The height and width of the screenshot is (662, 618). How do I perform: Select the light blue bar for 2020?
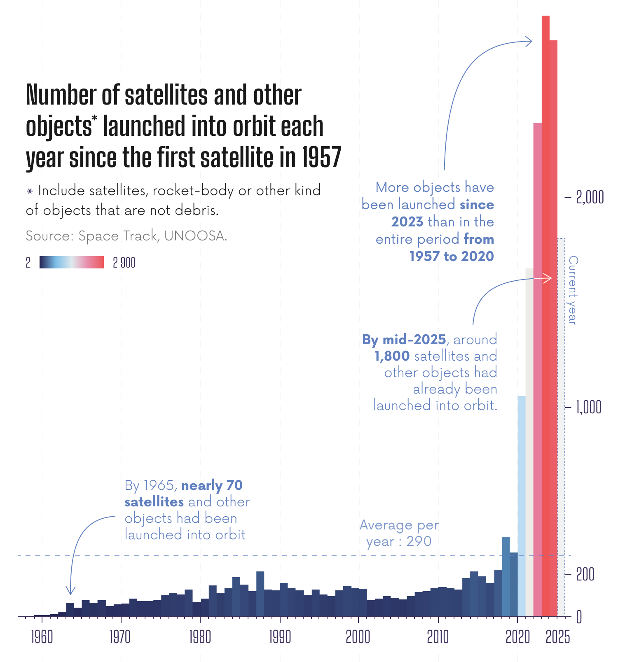(x=522, y=506)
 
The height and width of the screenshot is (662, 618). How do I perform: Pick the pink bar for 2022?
(x=537, y=371)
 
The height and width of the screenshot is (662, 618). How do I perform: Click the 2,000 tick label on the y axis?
(x=590, y=198)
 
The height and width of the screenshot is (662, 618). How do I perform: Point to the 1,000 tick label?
(x=589, y=407)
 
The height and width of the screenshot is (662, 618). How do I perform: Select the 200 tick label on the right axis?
(x=585, y=574)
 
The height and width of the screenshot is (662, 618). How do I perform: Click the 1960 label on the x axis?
(x=42, y=637)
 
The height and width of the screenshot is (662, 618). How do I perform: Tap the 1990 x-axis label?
(x=280, y=637)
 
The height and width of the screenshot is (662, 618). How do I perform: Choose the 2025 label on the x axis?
(x=558, y=637)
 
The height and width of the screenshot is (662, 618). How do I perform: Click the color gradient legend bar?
(x=72, y=262)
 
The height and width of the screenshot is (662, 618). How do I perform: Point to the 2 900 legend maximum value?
(x=124, y=263)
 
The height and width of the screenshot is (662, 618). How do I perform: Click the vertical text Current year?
(x=573, y=290)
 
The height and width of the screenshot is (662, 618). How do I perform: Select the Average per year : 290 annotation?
(x=399, y=534)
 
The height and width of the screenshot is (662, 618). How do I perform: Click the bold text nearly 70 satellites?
(x=183, y=494)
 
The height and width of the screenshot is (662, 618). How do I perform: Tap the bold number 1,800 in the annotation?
(x=392, y=356)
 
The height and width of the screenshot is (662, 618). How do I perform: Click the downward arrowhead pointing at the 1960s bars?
(x=71, y=591)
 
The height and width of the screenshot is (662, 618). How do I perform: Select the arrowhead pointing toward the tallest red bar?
(x=529, y=41)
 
